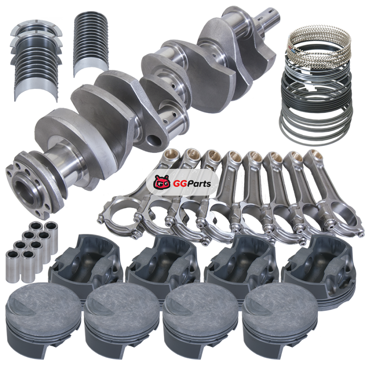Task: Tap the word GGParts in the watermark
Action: click(192, 184)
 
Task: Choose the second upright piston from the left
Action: click(122, 321)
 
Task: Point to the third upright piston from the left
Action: click(200, 321)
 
